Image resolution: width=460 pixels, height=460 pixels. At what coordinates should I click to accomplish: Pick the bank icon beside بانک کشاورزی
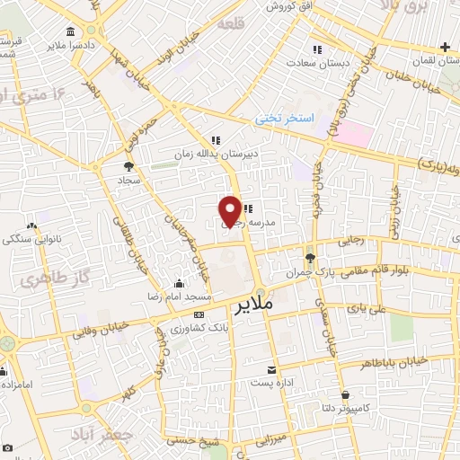tap(199, 314)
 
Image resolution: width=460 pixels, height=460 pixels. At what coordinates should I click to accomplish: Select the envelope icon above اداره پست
tap(272, 369)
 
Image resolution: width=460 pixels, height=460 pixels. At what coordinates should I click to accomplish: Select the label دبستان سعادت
tap(316, 63)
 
